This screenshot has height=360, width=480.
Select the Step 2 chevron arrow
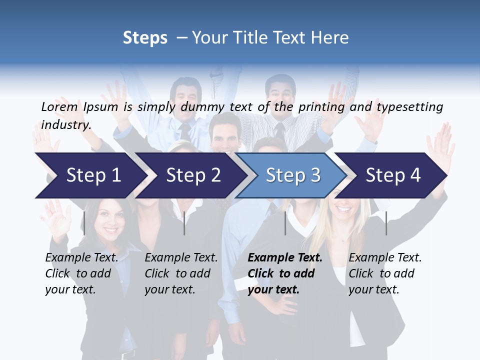click(x=193, y=175)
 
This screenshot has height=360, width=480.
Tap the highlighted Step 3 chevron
click(x=293, y=175)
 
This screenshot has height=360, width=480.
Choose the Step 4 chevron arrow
click(x=393, y=175)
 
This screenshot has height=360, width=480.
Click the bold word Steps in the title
click(x=145, y=37)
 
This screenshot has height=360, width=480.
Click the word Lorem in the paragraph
click(x=59, y=106)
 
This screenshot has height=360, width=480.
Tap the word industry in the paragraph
click(x=66, y=124)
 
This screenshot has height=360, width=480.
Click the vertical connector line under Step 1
click(x=84, y=223)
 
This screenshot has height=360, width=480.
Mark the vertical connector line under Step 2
click(x=184, y=223)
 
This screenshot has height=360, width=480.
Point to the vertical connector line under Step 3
click(x=285, y=223)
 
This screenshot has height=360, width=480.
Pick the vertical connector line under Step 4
click(x=386, y=223)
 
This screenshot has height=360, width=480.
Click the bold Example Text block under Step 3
click(x=285, y=273)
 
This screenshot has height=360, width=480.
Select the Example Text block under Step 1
click(x=81, y=273)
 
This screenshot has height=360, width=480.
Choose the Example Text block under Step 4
click(x=385, y=273)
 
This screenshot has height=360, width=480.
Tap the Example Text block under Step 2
click(x=181, y=273)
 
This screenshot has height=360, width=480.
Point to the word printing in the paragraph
click(x=321, y=106)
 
